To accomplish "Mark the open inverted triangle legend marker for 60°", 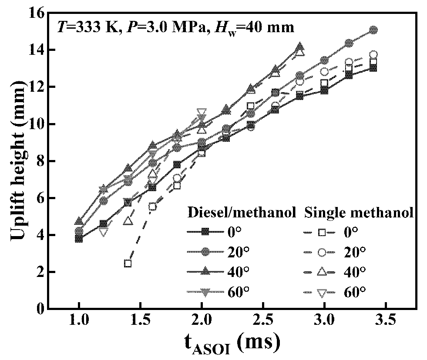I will (322, 292).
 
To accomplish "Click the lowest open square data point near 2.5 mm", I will (128, 263).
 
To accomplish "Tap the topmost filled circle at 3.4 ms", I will (373, 30).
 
